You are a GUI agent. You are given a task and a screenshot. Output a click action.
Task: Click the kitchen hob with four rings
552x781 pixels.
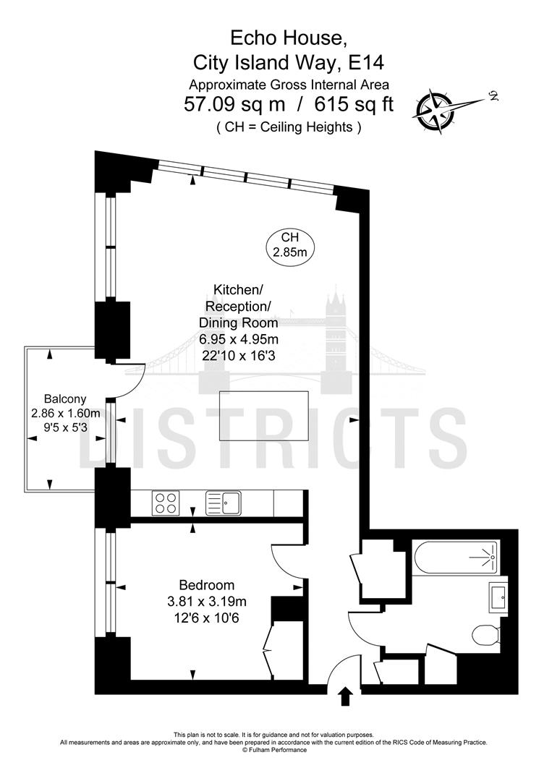tap(166, 502)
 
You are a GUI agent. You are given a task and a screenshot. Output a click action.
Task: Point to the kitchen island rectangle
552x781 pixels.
tap(264, 415)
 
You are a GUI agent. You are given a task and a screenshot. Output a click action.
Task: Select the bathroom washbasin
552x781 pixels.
tap(498, 597)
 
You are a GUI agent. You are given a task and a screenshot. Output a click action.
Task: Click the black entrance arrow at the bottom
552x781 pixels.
tap(345, 696)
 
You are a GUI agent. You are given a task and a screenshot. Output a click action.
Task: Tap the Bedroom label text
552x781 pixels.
tap(207, 585)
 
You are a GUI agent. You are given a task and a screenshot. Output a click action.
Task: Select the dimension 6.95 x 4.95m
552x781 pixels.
tap(239, 339)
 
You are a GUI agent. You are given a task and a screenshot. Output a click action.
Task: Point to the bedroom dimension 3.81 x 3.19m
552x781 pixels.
tap(213, 601)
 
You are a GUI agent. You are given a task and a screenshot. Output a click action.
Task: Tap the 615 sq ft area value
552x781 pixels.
tap(354, 104)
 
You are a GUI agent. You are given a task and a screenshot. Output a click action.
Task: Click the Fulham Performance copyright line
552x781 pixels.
tap(274, 750)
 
